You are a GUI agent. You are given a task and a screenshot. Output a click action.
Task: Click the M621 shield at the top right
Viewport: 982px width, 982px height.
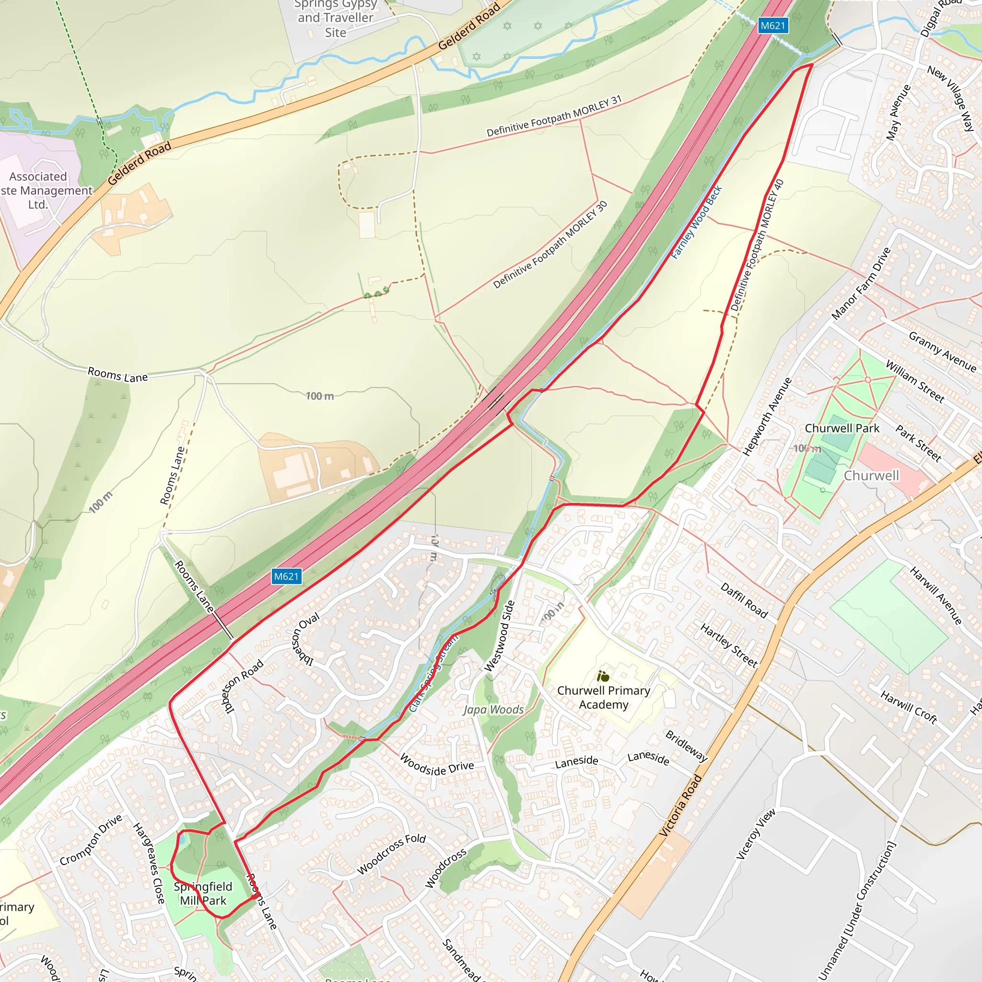772,25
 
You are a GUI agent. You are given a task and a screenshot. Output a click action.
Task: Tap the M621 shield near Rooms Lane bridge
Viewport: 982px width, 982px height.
286,576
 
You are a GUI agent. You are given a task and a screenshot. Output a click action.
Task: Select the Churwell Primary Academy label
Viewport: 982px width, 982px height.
603,697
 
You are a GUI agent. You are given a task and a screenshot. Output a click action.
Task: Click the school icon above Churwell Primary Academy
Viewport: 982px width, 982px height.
603,677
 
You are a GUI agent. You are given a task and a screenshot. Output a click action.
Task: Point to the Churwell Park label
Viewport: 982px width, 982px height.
842,429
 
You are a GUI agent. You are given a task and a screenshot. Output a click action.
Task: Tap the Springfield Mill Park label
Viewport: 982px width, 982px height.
203,894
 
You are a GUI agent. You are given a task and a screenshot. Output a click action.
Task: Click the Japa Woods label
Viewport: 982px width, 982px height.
493,710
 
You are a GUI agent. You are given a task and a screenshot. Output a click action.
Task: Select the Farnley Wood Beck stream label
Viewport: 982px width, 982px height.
696,222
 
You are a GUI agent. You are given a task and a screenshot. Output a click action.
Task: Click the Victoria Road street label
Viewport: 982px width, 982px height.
680,806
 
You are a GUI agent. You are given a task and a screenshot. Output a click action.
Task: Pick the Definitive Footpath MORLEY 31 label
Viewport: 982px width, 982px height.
554,116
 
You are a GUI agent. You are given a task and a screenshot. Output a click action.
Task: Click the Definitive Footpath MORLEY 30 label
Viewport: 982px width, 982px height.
550,245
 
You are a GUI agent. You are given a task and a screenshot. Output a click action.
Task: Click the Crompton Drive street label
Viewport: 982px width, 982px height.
91,840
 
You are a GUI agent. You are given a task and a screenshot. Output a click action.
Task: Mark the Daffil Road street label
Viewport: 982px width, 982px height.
744,600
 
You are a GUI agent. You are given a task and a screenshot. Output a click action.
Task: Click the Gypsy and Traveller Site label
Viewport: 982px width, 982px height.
336,18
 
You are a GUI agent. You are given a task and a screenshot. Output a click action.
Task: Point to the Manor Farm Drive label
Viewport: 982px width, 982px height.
861,284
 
